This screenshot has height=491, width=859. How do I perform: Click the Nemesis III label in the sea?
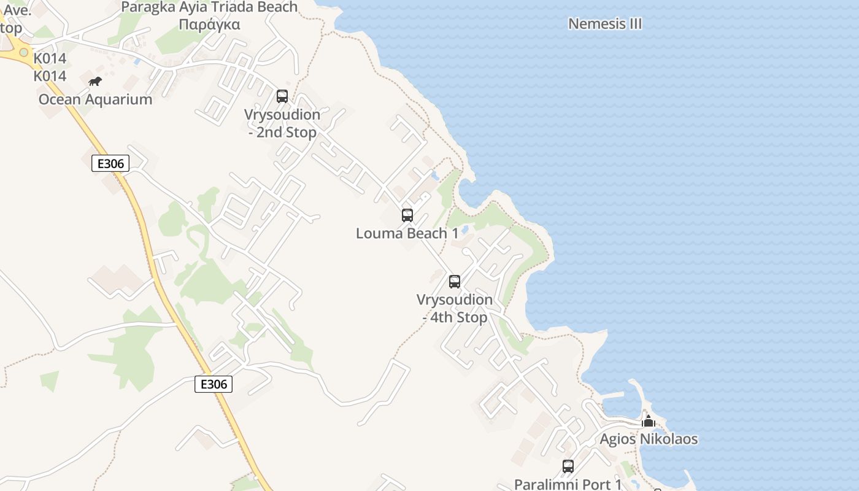(605, 24)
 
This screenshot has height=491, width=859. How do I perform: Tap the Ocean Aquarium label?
(95, 99)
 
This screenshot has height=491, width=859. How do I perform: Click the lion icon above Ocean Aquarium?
(94, 81)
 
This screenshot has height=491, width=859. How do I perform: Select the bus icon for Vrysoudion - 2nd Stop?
(282, 96)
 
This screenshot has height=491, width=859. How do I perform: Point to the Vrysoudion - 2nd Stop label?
(282, 123)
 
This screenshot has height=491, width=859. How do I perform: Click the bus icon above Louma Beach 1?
(407, 215)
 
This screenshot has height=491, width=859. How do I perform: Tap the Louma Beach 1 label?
(407, 233)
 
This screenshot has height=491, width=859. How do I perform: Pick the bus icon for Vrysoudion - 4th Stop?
(455, 282)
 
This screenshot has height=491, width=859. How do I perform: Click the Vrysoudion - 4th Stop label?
(455, 308)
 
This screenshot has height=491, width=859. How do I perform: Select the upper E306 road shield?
(110, 163)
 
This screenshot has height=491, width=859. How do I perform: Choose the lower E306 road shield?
(214, 384)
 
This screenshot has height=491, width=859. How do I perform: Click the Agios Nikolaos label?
(649, 439)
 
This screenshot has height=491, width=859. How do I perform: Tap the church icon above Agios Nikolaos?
(649, 422)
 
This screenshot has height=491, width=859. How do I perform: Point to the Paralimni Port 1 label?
(568, 484)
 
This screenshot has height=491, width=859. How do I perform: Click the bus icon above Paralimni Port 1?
(568, 466)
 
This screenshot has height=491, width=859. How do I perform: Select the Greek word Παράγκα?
(209, 25)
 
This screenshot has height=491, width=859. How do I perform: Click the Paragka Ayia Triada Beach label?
(209, 7)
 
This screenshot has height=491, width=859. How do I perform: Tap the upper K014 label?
(50, 59)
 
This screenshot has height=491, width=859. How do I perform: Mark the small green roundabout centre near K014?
(24, 53)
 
